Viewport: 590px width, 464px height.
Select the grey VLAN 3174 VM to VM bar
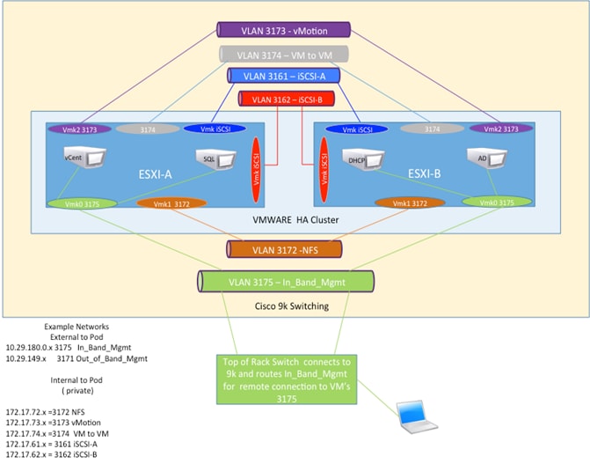[x=284, y=55]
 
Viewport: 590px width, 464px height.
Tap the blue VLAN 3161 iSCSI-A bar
[x=284, y=77]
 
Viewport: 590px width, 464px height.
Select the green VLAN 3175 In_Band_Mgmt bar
[x=287, y=283]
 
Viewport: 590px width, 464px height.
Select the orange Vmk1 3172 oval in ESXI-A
[x=173, y=204]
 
